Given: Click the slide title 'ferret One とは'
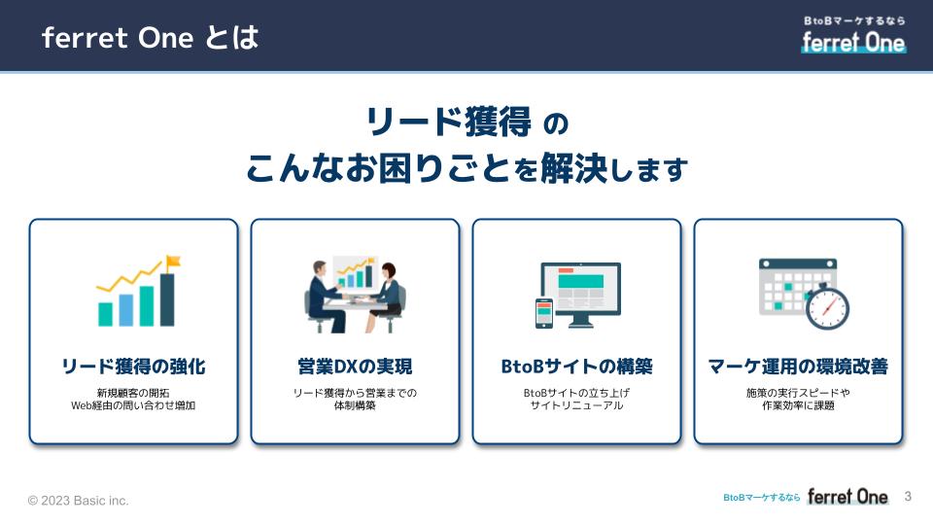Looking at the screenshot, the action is pos(150,38).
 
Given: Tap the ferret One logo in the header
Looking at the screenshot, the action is pos(853,36).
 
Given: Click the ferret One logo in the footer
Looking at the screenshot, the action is pos(847,497).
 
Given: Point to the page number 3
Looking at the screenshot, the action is pos(908,497).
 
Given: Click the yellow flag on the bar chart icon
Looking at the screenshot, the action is pos(173,262).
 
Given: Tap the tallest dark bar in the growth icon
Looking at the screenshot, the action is pos(167,299).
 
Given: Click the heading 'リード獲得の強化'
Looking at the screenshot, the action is pos(133,367).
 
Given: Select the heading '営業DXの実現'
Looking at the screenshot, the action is pos(355,367).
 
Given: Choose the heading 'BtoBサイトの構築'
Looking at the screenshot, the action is pos(576,367).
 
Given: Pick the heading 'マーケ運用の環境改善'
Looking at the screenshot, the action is pos(798,367).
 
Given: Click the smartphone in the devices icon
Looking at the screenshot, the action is pos(544,313).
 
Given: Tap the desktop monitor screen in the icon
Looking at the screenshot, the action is pos(581,290).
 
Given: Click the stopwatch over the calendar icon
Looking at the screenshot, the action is pos(827,307).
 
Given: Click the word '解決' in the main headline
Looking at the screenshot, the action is pos(573,168).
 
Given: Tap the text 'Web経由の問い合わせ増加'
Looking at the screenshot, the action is pos(133,405).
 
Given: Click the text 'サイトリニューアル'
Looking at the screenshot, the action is pos(576,405).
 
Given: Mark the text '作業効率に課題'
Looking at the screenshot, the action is pos(798,405).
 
